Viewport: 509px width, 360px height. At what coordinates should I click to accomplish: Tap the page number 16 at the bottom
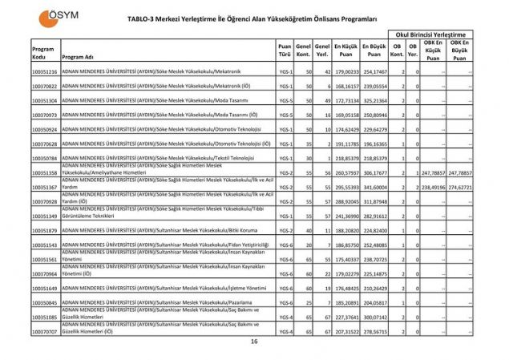point(254,342)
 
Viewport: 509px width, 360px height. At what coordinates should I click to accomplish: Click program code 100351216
point(44,72)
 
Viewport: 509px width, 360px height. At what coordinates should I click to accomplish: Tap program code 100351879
point(44,230)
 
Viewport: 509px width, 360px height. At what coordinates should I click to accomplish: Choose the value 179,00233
point(345,72)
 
